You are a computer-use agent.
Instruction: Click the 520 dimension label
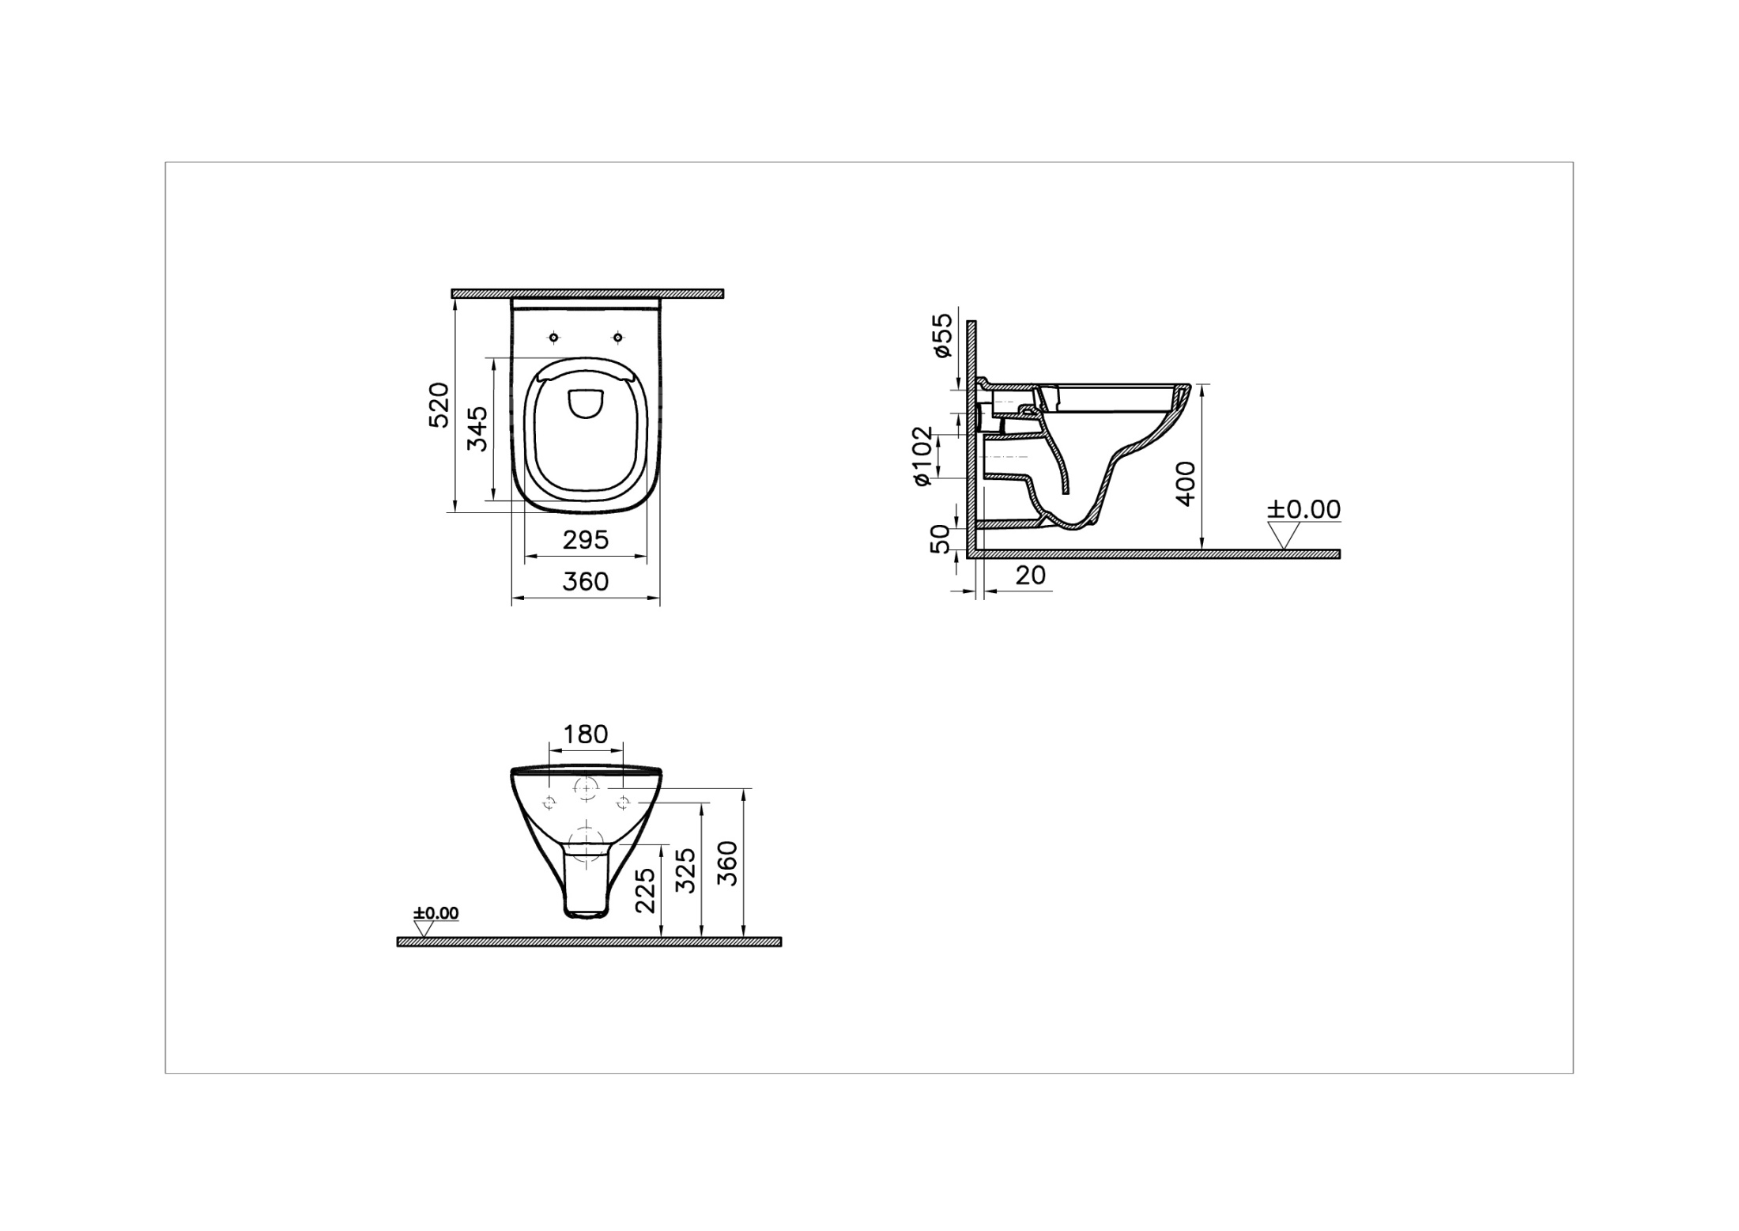(x=439, y=406)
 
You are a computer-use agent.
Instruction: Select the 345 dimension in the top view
(x=477, y=428)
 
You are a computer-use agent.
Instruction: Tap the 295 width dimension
(x=586, y=540)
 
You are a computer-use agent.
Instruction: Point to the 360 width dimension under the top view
(x=586, y=582)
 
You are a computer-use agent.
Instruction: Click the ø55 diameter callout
(x=943, y=334)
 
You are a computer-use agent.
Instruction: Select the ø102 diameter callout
(x=922, y=456)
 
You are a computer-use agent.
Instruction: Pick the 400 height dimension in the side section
(x=1186, y=483)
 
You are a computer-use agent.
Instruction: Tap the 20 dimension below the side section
(x=1031, y=575)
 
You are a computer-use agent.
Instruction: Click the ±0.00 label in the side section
(x=1304, y=509)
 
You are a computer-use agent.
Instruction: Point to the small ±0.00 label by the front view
(x=436, y=913)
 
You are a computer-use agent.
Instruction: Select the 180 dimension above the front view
(x=586, y=734)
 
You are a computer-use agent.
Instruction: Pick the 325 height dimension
(x=687, y=870)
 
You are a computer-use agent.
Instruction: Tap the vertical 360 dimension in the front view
(x=728, y=863)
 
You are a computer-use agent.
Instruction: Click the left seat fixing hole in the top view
(x=554, y=338)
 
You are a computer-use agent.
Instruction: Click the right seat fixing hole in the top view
(x=617, y=338)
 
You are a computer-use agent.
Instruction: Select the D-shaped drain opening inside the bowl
(x=586, y=404)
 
